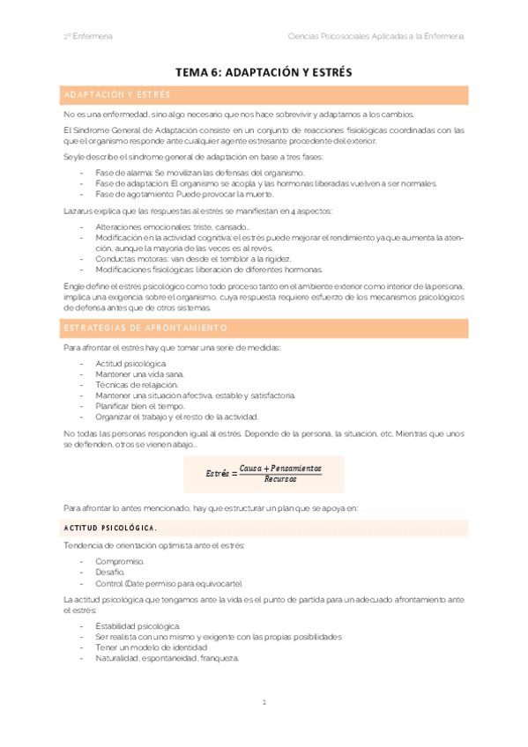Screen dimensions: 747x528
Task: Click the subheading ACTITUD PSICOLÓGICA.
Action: coord(110,528)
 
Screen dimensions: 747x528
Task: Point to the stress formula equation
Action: coord(264,473)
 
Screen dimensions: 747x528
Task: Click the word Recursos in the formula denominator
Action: coord(280,479)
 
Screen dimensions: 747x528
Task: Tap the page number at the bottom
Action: coord(264,702)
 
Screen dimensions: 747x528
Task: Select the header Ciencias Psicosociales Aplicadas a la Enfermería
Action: coord(376,36)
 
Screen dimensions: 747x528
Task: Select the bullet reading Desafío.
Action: coord(110,573)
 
